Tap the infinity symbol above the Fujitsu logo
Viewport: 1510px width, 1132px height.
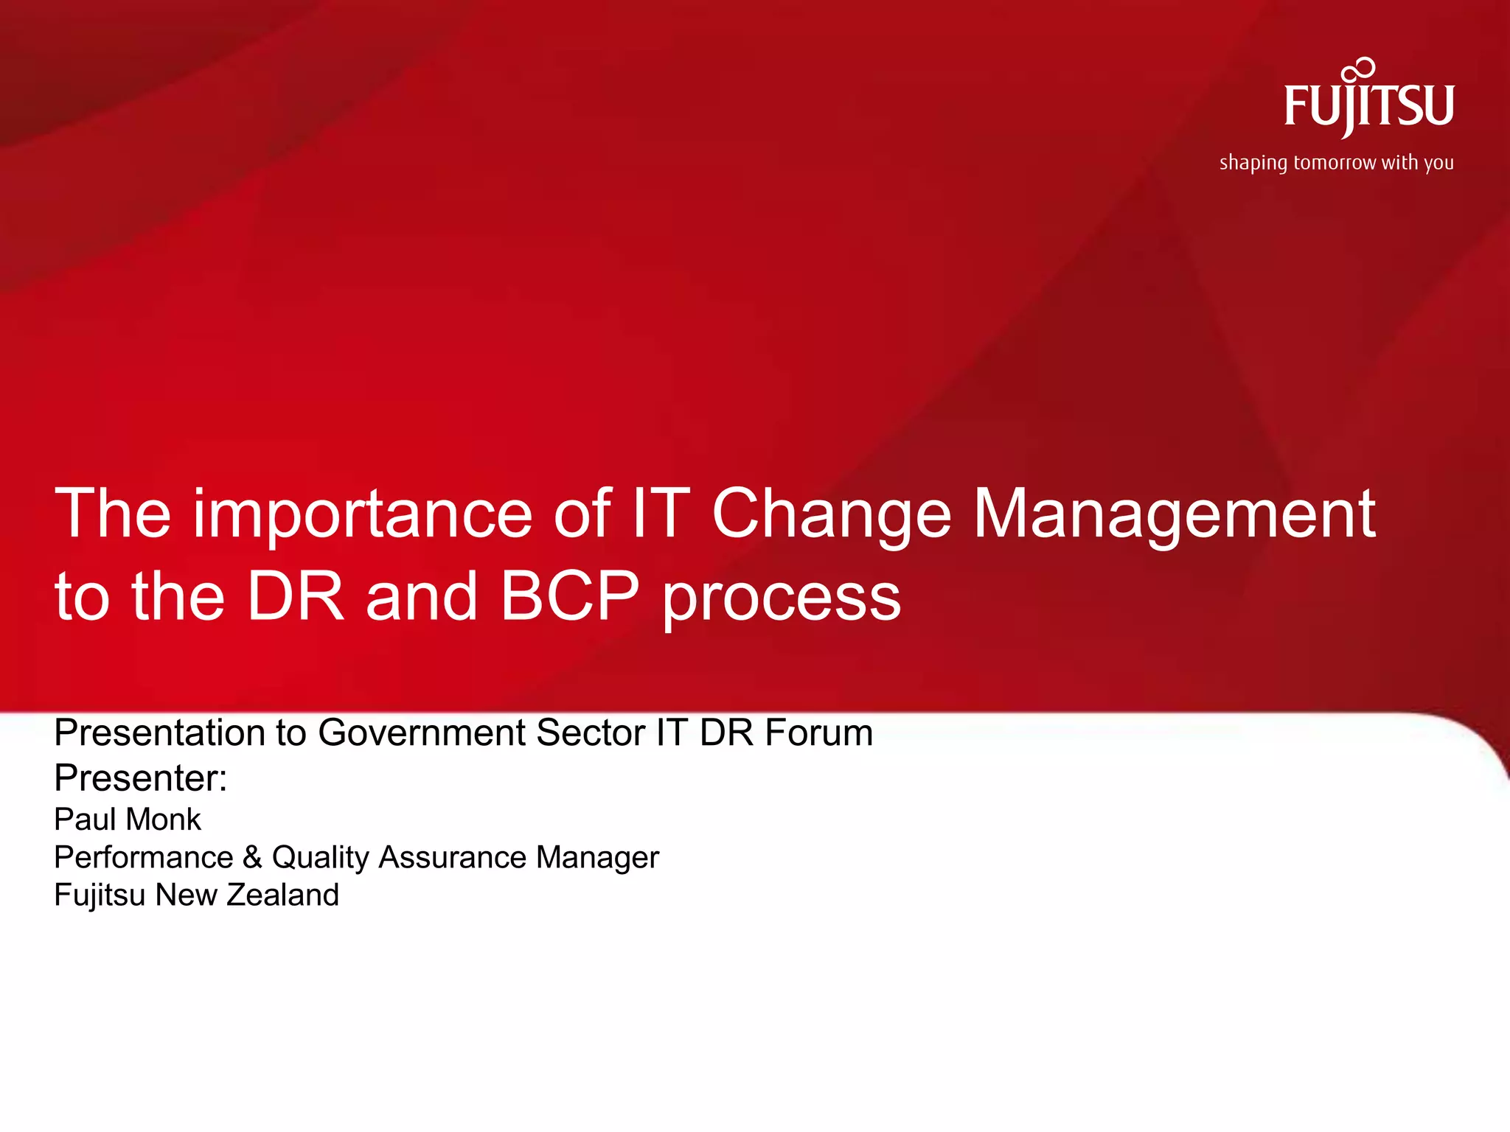pyautogui.click(x=1359, y=71)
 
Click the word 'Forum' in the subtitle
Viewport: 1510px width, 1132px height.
pyautogui.click(x=818, y=733)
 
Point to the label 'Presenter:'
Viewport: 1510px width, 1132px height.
pyautogui.click(x=141, y=778)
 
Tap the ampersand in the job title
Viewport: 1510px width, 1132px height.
pyautogui.click(x=252, y=857)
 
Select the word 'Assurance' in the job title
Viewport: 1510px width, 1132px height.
pyautogui.click(x=453, y=857)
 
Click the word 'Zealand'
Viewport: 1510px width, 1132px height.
pyautogui.click(x=282, y=895)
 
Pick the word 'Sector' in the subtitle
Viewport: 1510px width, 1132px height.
pyautogui.click(x=585, y=733)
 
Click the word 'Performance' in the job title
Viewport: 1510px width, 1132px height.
pyautogui.click(x=144, y=857)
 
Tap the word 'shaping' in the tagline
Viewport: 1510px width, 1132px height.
pyautogui.click(x=1253, y=163)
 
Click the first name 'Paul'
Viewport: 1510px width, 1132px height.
pyautogui.click(x=83, y=820)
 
